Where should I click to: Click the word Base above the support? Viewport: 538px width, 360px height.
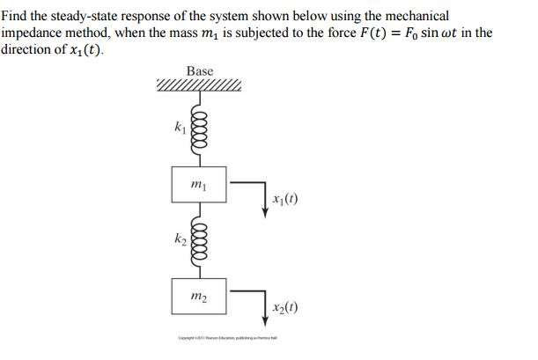pos(199,70)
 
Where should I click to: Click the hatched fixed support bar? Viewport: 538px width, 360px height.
pos(199,86)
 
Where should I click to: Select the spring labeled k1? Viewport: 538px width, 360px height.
pos(199,129)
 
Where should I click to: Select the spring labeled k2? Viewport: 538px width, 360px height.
pos(199,240)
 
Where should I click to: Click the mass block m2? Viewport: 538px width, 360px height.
pos(199,296)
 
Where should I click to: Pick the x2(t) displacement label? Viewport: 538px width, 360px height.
pos(287,309)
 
